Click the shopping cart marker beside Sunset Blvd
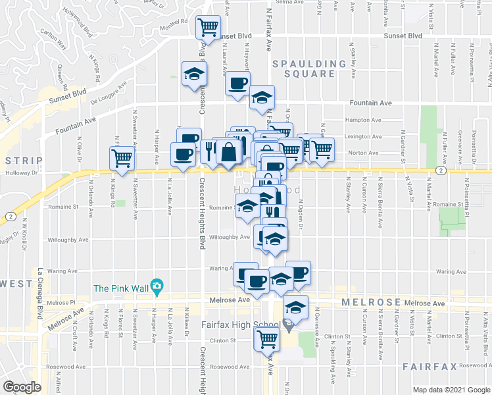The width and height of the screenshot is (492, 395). [209, 27]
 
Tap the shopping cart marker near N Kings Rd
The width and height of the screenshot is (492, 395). [122, 158]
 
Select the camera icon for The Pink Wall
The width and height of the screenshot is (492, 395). [157, 287]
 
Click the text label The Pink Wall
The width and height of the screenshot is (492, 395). [120, 288]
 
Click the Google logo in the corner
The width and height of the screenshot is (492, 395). [22, 387]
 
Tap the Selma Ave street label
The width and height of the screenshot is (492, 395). [289, 3]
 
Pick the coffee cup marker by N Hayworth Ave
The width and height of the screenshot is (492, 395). [237, 84]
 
